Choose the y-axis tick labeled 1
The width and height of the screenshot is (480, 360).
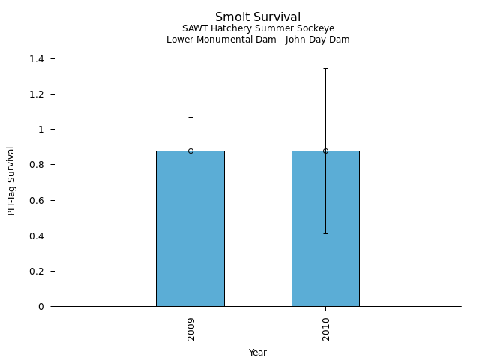tap(42, 130)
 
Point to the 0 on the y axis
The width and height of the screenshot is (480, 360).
tap(42, 307)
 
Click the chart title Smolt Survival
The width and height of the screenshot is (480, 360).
tap(258, 17)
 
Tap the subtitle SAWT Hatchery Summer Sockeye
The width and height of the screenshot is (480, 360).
tap(258, 29)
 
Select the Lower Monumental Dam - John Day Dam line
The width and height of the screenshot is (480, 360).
tap(258, 40)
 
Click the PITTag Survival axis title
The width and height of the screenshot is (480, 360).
tap(11, 181)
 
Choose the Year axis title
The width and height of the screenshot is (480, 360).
tap(258, 352)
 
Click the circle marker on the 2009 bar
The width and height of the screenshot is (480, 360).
tap(190, 151)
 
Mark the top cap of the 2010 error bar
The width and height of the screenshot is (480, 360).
tap(325, 68)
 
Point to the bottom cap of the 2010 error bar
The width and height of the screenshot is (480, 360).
tap(325, 233)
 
